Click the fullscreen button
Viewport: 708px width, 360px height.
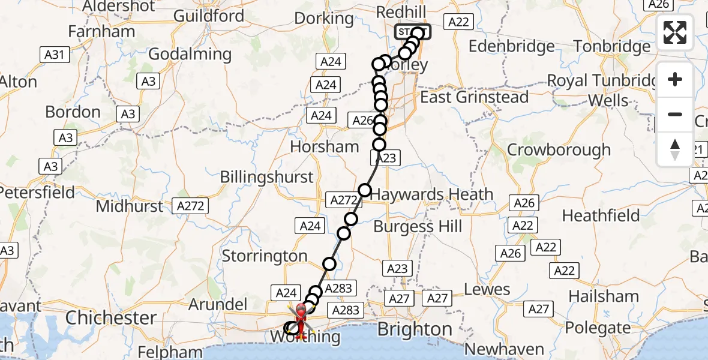(675, 32)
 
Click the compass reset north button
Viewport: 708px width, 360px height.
(675, 149)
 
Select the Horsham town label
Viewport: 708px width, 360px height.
(325, 146)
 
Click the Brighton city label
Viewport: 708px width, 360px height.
(415, 329)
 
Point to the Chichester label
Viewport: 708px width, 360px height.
(111, 317)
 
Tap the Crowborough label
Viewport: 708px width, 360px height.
(559, 149)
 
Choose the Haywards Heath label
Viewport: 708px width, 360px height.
(431, 194)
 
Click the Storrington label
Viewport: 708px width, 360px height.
(265, 256)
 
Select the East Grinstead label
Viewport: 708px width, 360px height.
(475, 97)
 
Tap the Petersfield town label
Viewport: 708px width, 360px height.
(38, 193)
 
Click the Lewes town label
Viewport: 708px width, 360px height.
(487, 289)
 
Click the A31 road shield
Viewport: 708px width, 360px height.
(55, 55)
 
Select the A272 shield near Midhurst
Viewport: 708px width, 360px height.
(191, 206)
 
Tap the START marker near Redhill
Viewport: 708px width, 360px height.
(412, 32)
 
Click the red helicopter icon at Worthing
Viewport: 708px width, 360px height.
(300, 318)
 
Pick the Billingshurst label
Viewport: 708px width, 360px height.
(267, 177)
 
